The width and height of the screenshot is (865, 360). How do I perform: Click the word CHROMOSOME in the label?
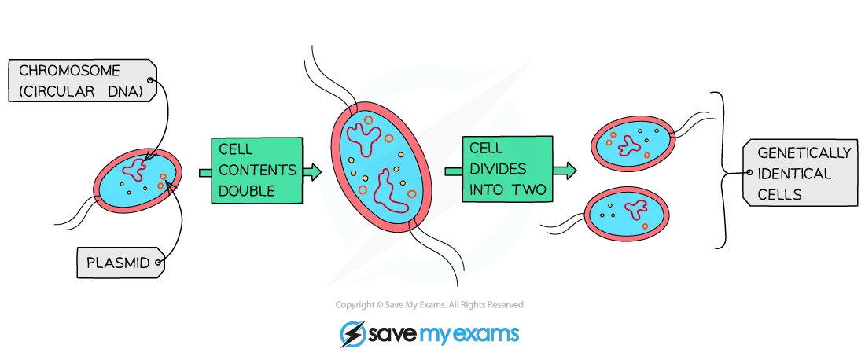point(69,71)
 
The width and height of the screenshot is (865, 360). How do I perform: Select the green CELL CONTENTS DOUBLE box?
point(257,171)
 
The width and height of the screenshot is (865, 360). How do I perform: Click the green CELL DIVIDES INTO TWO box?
point(507,169)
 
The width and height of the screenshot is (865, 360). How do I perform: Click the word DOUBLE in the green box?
point(247,191)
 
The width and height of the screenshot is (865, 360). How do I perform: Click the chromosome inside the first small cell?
point(135,169)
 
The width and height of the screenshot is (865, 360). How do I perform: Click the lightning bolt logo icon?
point(351,334)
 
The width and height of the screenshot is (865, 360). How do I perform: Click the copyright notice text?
point(429,304)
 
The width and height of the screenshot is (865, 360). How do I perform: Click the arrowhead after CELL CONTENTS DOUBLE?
point(312,172)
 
